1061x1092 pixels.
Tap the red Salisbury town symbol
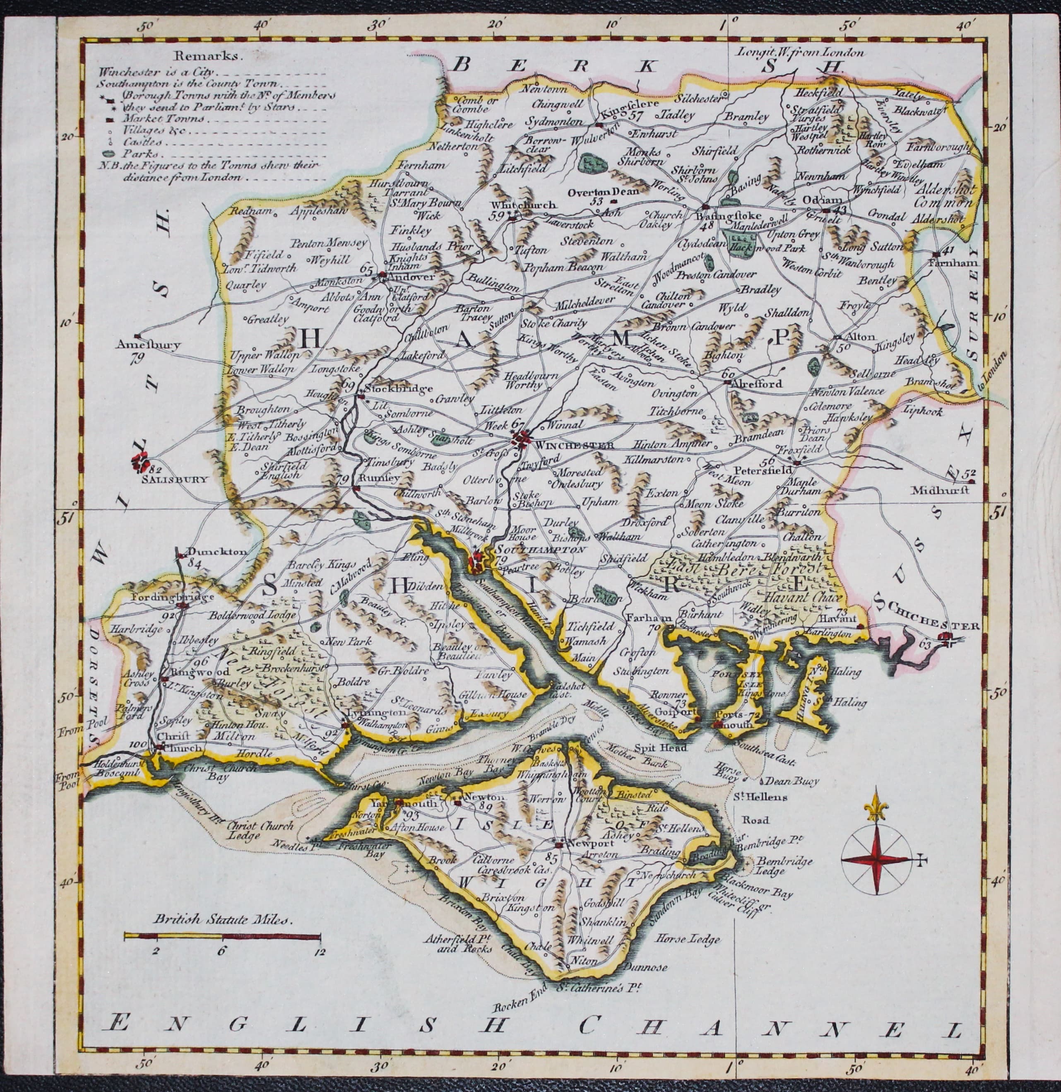(140, 462)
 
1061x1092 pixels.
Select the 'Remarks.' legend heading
(208, 56)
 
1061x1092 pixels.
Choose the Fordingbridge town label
(165, 597)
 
